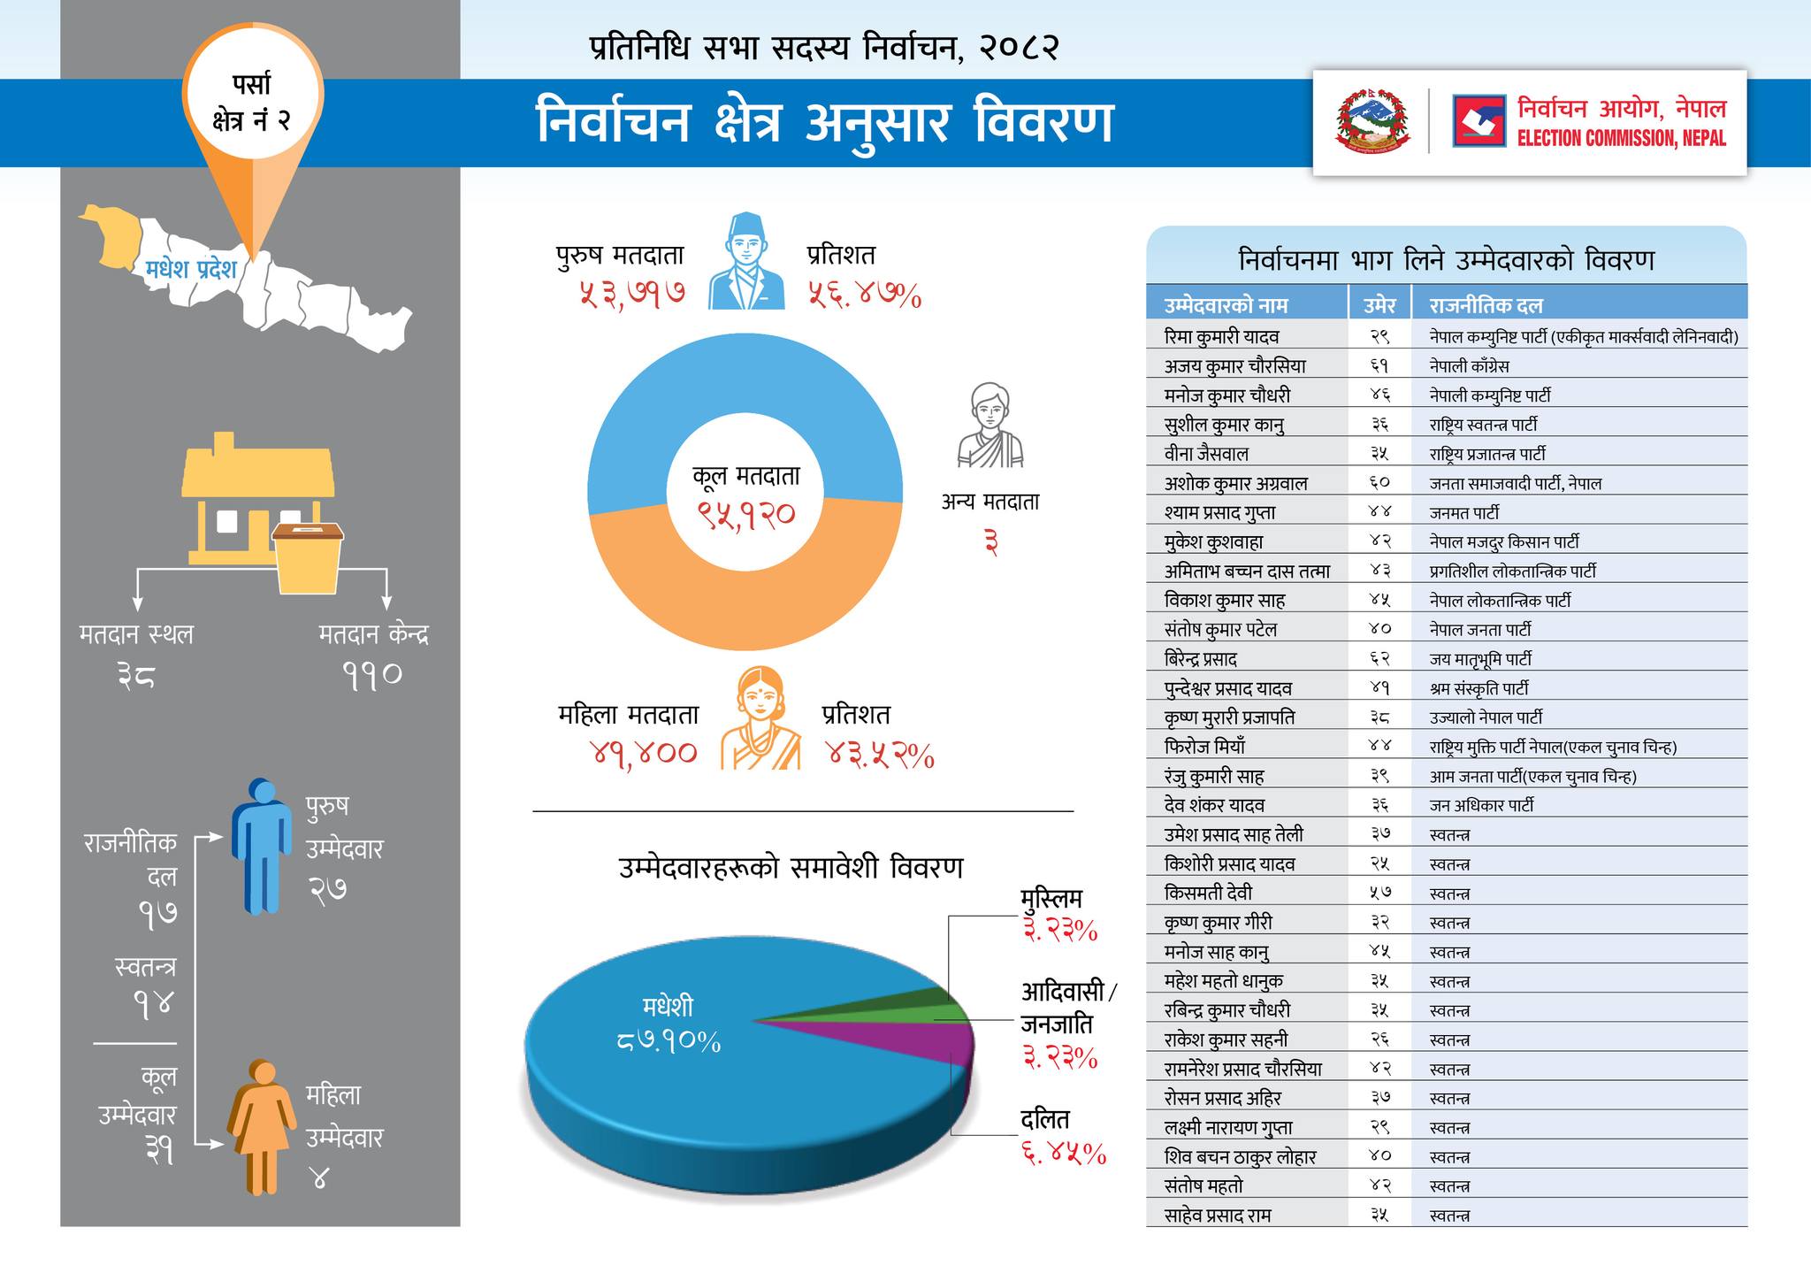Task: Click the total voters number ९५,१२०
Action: click(x=745, y=514)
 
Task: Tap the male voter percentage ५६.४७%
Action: click(x=864, y=295)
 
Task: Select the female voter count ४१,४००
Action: click(x=644, y=754)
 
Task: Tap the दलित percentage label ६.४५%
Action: click(x=1063, y=1154)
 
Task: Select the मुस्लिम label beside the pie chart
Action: click(x=1051, y=899)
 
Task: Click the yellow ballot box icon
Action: click(x=308, y=557)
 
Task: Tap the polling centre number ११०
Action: click(x=372, y=676)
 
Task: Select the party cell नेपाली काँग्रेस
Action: click(x=1469, y=366)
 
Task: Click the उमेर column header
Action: click(x=1379, y=305)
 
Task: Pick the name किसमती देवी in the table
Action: click(x=1208, y=893)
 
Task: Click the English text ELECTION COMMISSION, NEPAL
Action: click(x=1621, y=138)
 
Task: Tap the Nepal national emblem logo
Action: click(x=1372, y=121)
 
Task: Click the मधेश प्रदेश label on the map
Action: click(x=191, y=268)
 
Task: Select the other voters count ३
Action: click(x=990, y=542)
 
